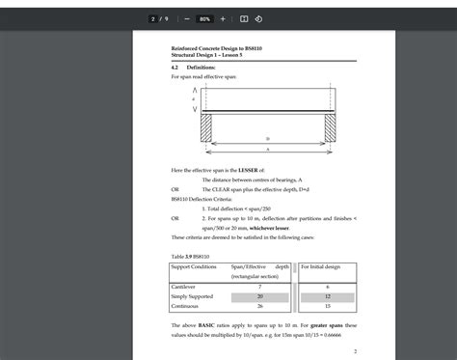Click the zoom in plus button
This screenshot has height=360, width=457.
coord(223,18)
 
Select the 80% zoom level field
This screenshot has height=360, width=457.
coord(204,18)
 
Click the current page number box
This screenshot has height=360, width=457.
coord(152,18)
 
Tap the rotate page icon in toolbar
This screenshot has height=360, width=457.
coord(257,18)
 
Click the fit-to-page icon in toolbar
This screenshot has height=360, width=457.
coord(244,18)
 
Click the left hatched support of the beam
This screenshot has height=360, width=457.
coord(205,128)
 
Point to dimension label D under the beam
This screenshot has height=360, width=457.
coord(267,139)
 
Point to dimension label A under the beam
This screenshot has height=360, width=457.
coord(267,151)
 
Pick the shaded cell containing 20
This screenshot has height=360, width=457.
coord(259,297)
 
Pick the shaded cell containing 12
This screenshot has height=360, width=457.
coord(328,297)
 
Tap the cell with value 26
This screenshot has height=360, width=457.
coord(259,307)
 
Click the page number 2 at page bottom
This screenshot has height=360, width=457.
coord(356,351)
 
